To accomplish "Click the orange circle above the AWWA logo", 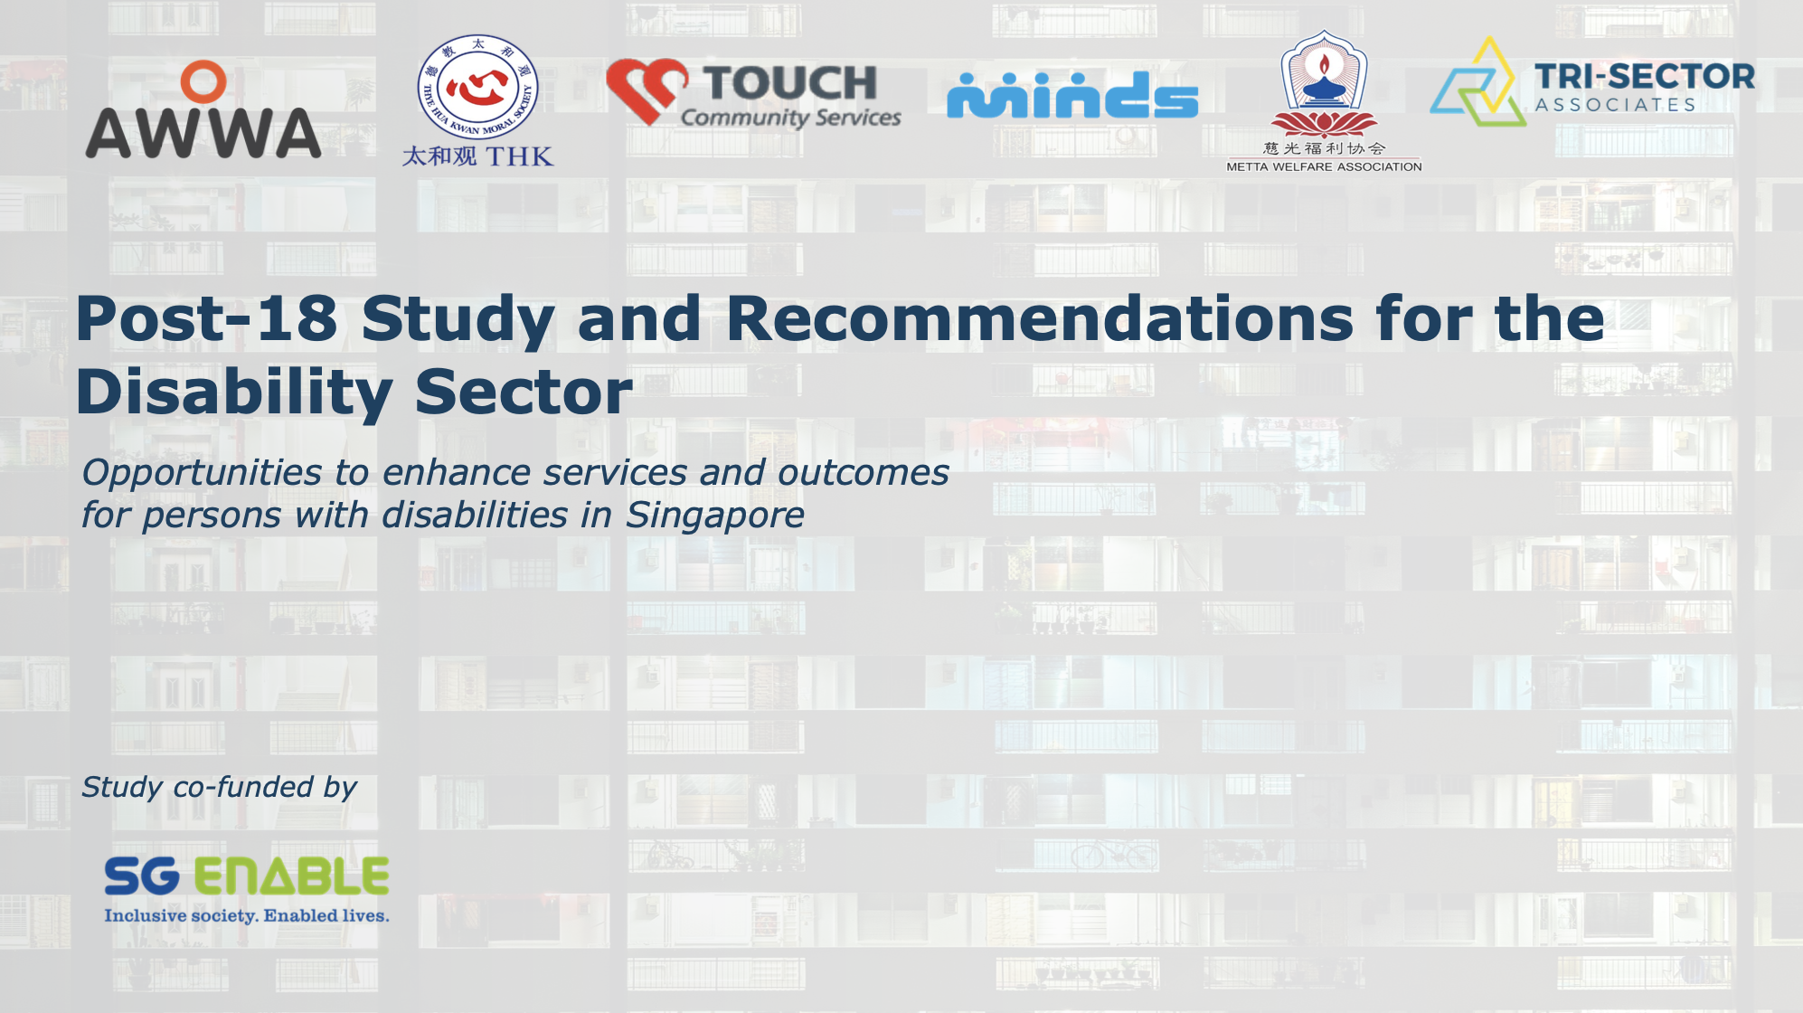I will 203,81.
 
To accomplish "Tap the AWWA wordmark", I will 203,134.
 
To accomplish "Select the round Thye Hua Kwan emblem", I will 477,88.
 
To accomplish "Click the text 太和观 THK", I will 477,156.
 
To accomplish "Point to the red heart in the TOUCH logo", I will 646,90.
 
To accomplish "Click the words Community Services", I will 790,118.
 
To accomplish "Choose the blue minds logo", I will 1072,95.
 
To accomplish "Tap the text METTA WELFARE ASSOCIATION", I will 1324,166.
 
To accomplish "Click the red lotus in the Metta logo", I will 1324,124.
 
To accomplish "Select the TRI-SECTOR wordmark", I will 1644,77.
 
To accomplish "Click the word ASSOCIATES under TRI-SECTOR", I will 1615,105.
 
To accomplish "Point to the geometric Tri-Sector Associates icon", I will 1478,83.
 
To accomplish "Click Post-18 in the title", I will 207,318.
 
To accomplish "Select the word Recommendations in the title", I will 1039,318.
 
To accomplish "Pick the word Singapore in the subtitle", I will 714,516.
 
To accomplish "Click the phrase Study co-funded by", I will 219,787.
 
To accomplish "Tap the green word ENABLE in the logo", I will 291,876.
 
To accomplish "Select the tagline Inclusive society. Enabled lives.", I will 246,915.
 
